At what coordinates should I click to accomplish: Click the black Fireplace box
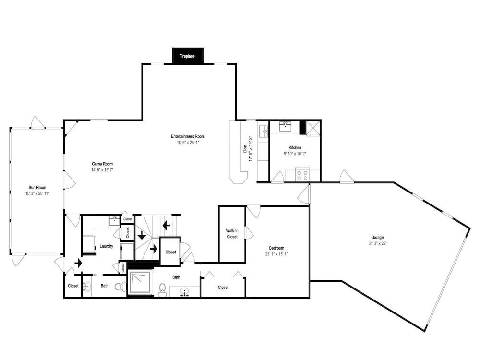pos(188,55)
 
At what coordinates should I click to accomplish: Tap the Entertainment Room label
pos(188,136)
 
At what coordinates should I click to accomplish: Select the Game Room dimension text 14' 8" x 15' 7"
pos(102,170)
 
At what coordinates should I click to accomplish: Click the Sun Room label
pos(37,188)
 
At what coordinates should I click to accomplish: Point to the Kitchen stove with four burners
pos(302,175)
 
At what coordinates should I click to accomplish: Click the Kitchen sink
pos(285,126)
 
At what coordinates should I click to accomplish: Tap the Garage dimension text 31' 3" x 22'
pos(377,244)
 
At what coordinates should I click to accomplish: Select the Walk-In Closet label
pos(232,234)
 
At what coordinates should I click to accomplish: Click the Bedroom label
pos(276,248)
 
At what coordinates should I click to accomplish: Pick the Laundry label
pos(106,246)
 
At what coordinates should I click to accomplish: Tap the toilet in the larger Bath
pos(162,289)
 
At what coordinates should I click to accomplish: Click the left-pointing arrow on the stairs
pos(166,226)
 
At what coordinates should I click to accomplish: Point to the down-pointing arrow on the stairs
pos(142,235)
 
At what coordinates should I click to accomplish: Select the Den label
pos(245,149)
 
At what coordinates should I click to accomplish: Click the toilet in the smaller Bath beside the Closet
pos(120,287)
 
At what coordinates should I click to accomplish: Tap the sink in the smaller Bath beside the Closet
pos(87,287)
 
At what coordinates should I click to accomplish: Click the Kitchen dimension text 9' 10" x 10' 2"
pos(295,154)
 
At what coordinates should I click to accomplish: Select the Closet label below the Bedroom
pos(223,288)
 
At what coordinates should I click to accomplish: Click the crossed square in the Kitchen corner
pos(313,128)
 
